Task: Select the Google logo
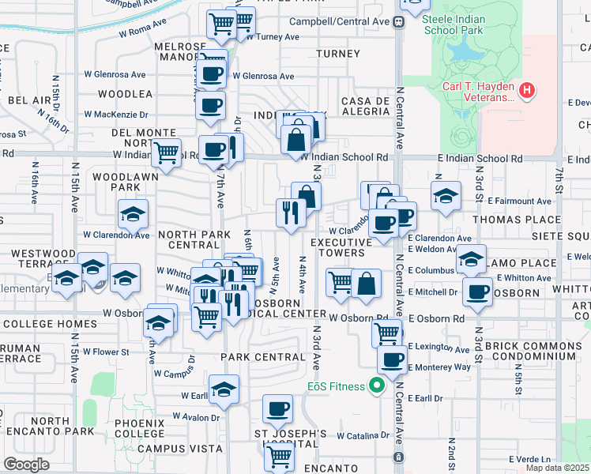26,465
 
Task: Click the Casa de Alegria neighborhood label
365,106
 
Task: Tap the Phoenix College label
139,428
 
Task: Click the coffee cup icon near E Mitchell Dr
477,291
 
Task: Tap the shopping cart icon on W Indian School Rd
166,152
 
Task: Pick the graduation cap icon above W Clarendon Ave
133,213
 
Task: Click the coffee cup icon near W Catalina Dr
277,408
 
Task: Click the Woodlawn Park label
115,182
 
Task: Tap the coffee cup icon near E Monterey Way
391,360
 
